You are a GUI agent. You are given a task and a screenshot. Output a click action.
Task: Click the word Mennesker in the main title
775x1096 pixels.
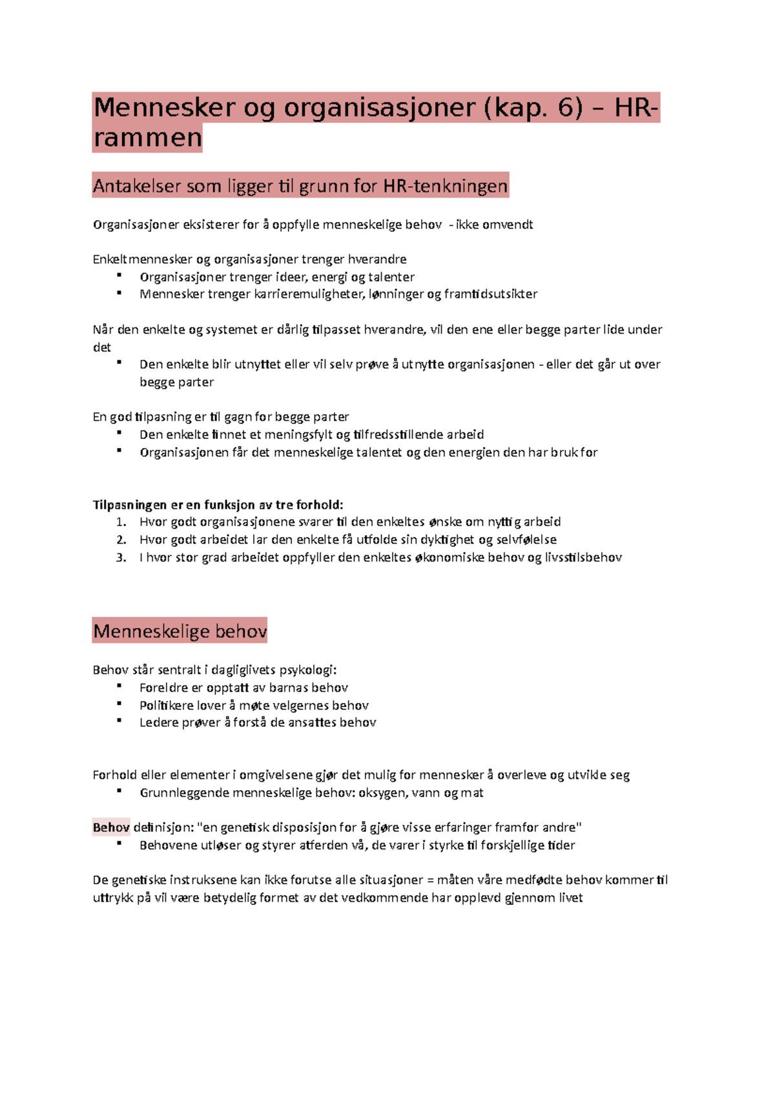pyautogui.click(x=164, y=108)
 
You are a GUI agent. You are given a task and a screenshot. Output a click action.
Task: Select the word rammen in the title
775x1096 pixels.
pyautogui.click(x=148, y=138)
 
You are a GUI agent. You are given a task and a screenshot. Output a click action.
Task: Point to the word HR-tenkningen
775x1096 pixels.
pyautogui.click(x=445, y=187)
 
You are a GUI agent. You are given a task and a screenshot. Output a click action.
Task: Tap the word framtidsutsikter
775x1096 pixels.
pyautogui.click(x=491, y=294)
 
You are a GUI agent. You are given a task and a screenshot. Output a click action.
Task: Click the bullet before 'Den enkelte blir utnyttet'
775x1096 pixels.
pyautogui.click(x=119, y=363)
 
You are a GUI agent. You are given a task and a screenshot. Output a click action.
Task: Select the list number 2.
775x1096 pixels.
pyautogui.click(x=121, y=540)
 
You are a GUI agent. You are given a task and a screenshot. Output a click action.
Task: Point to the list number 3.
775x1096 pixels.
pyautogui.click(x=121, y=558)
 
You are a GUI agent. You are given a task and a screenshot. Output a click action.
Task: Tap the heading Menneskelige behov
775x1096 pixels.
pyautogui.click(x=180, y=631)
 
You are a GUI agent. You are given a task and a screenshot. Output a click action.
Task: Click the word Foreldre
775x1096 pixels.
pyautogui.click(x=163, y=687)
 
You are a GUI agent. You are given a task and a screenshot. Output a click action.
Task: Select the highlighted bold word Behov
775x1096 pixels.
pyautogui.click(x=111, y=827)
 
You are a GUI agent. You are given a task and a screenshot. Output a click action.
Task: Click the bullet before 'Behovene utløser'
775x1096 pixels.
pyautogui.click(x=119, y=844)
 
